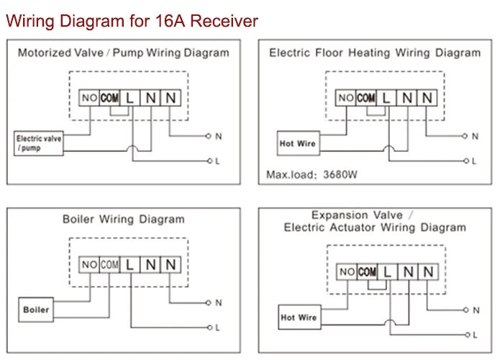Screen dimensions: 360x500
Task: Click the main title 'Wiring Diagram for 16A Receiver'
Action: point(132,20)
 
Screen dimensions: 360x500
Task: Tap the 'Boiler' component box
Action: point(36,310)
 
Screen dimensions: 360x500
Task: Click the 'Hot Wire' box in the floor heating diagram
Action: point(298,143)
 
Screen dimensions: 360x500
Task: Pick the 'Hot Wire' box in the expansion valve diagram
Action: point(299,317)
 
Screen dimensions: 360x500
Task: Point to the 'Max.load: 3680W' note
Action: point(312,174)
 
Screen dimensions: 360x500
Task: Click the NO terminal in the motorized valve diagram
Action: point(90,97)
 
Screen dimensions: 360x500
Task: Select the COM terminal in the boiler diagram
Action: point(109,265)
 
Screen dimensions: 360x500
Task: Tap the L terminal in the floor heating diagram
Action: point(386,97)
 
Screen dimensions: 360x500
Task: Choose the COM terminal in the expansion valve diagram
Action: point(367,271)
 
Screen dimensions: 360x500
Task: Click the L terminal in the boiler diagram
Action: point(130,265)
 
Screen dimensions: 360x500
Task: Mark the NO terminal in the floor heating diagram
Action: point(346,97)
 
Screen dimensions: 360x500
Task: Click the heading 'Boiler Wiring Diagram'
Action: point(123,219)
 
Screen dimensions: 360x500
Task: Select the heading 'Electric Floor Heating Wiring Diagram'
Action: point(374,53)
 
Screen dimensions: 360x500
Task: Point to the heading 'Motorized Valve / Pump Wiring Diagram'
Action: point(123,53)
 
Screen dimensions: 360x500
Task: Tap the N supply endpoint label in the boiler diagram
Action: point(218,303)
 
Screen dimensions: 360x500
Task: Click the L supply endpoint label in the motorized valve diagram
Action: point(217,161)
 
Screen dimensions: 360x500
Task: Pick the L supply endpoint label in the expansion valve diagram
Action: point(476,335)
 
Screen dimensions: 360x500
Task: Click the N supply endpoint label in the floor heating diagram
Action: point(475,135)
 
